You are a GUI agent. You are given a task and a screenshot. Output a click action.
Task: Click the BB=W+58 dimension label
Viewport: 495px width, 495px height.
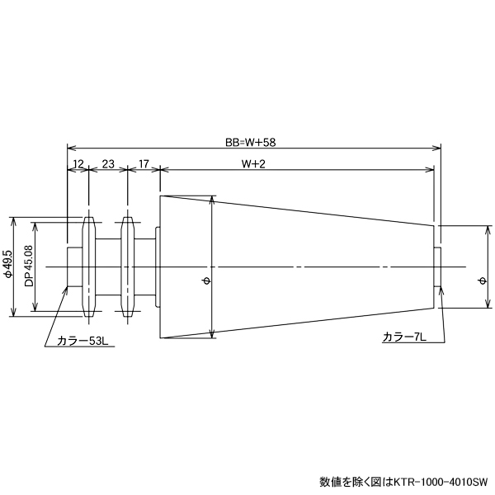coord(251,142)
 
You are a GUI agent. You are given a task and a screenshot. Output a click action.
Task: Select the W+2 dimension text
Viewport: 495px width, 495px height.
coord(252,164)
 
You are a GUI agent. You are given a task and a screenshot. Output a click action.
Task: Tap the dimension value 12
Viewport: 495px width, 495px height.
coord(78,164)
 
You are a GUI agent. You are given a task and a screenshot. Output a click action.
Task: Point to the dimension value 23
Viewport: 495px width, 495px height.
coord(108,164)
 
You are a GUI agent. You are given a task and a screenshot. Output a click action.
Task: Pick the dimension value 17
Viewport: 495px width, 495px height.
coord(144,164)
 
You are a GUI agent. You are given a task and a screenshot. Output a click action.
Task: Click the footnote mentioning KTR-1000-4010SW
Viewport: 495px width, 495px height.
coord(404,481)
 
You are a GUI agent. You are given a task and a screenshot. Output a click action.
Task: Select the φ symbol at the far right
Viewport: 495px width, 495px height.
coord(482,281)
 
